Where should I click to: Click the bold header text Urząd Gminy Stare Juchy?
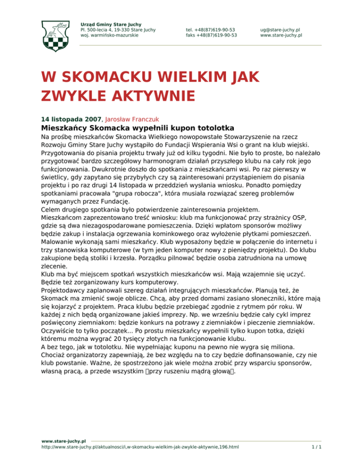click(x=111, y=24)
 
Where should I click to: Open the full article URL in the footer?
click(x=140, y=448)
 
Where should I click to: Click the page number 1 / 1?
click(x=317, y=448)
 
